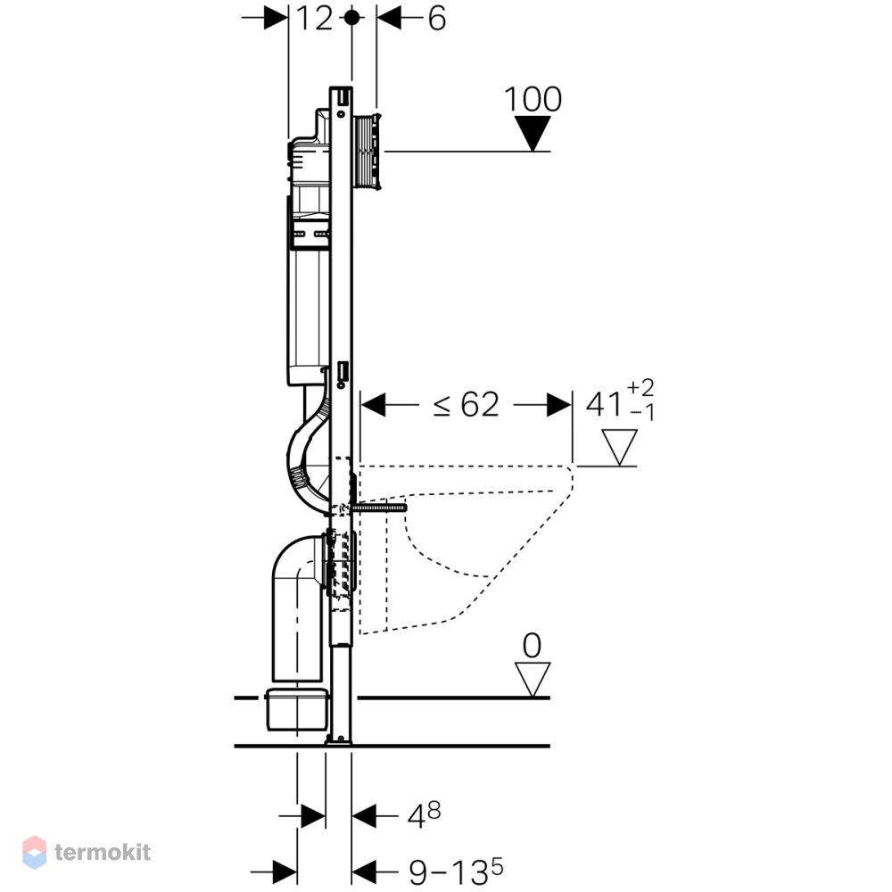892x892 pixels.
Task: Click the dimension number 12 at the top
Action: [315, 19]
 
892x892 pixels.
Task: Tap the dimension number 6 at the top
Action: [436, 19]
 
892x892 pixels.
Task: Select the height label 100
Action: [533, 99]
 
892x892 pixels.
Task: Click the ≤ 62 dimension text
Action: [466, 404]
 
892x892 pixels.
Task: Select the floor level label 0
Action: [532, 646]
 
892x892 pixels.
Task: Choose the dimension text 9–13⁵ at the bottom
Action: [456, 871]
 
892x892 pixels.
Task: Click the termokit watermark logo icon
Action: [34, 852]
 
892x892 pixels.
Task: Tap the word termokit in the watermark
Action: [103, 852]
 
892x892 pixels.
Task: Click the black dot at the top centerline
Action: [352, 18]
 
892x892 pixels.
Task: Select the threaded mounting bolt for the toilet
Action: [379, 508]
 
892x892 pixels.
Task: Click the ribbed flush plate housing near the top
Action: [368, 152]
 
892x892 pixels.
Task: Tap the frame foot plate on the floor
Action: [339, 740]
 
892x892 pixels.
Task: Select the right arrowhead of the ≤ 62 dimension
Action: [559, 404]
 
